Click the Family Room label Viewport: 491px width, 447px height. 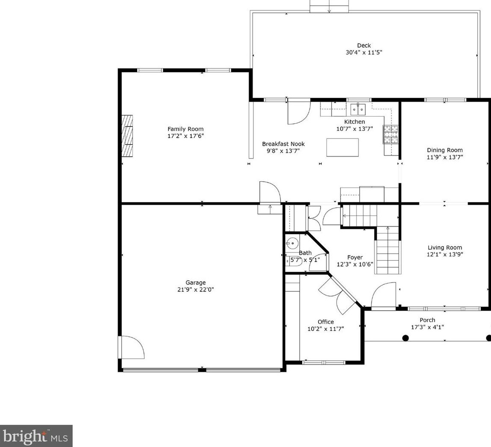[185, 129]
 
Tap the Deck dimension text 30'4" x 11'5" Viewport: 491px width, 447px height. [364, 52]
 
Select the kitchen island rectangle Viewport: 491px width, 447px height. [342, 147]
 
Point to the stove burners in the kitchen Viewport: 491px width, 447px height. [391, 134]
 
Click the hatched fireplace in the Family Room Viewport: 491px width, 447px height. [127, 136]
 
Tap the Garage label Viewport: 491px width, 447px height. [195, 282]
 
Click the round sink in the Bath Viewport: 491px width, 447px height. [292, 243]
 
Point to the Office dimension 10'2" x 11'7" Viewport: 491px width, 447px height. [326, 329]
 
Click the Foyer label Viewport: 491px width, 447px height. [355, 257]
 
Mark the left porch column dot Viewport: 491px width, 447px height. [406, 338]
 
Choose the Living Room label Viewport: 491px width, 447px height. [445, 247]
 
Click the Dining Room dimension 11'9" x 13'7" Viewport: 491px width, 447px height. [445, 157]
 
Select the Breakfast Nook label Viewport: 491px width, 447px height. [283, 144]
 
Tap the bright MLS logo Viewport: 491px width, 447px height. [36, 436]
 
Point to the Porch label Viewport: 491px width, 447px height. [427, 320]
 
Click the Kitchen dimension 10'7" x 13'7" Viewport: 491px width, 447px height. [355, 129]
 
